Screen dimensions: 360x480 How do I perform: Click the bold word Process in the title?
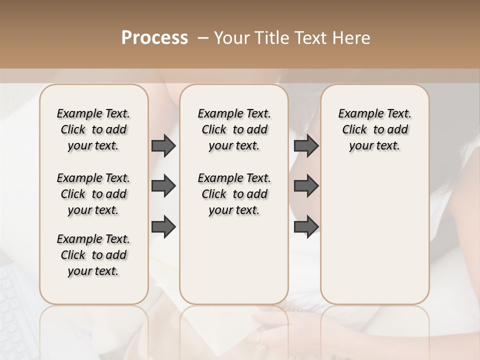point(154,38)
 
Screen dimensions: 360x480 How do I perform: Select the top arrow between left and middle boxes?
point(163,145)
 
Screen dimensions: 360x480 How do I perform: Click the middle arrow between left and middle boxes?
point(163,186)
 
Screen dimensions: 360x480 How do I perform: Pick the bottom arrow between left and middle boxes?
point(163,226)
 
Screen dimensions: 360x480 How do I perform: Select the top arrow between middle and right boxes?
point(306,145)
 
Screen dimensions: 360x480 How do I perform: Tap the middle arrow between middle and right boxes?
point(306,186)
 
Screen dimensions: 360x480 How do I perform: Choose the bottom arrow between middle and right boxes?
point(306,226)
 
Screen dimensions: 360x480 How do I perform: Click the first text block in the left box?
point(93,129)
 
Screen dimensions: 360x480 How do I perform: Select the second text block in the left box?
point(93,194)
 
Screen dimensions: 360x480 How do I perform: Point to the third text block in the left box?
point(93,255)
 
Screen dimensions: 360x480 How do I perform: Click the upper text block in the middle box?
point(234,129)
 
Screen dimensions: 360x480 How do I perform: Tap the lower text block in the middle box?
point(234,194)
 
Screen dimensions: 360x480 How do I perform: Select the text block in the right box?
point(375,129)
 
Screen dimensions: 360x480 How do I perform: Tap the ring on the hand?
point(258,340)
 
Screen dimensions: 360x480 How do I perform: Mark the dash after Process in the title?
point(202,38)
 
